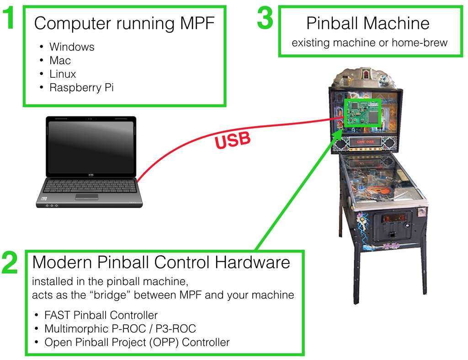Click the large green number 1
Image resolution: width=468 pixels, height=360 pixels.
pos(10,20)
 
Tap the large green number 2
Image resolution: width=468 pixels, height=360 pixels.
pos(10,263)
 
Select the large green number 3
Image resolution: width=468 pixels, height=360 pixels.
pos(265,19)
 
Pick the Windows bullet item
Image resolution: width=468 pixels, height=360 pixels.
pos(72,47)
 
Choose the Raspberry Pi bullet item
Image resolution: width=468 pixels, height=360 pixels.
pos(81,87)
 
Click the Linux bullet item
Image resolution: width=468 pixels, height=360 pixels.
pos(63,74)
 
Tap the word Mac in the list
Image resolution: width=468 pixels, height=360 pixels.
pos(60,60)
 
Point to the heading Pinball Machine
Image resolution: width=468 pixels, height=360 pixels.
pos(367,23)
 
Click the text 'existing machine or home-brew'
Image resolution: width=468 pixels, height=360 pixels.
pos(369,43)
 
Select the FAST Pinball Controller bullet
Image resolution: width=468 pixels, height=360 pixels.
pos(101,315)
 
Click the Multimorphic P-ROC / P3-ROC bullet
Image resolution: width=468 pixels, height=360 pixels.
pos(120,328)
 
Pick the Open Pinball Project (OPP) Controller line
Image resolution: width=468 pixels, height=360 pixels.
pos(137,342)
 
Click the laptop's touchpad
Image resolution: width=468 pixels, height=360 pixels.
pos(86,196)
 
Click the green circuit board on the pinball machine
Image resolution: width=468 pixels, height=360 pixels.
pos(362,112)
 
